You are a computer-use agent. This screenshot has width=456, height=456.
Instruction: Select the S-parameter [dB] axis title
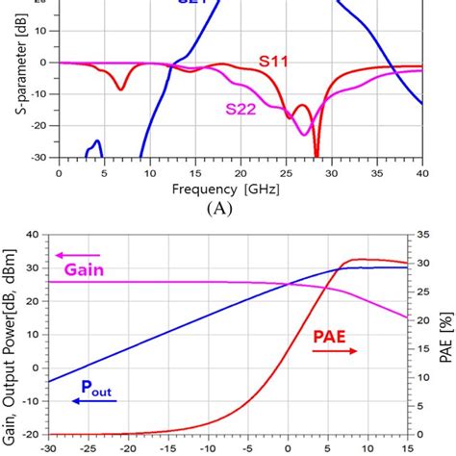(x=13, y=81)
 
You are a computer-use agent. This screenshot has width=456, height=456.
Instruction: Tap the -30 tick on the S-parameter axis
(x=39, y=158)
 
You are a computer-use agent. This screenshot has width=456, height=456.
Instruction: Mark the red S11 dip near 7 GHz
(x=120, y=89)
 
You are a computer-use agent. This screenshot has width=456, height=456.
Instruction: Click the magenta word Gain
(x=84, y=270)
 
